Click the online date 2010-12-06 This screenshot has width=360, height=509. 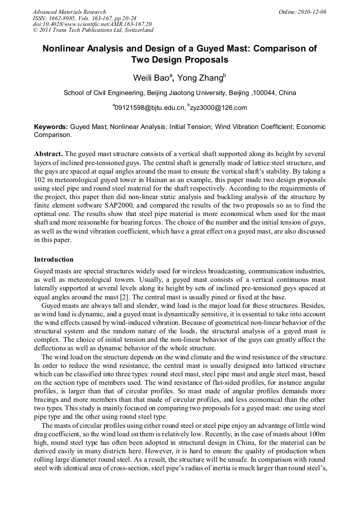tap(312, 12)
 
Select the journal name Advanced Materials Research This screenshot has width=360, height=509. tap(69, 12)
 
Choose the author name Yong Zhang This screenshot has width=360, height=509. tap(199, 78)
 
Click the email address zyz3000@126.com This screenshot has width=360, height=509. tap(218, 108)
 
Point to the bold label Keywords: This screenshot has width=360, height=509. tap(51, 127)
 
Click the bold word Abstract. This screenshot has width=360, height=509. tap(48, 153)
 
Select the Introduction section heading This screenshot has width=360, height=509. tap(54, 260)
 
